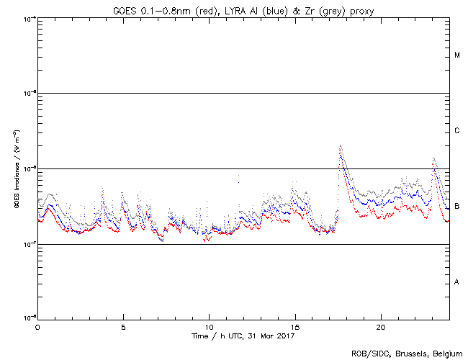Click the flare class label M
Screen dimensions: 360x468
click(457, 55)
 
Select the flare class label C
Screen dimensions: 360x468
click(457, 131)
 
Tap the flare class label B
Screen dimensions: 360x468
click(457, 207)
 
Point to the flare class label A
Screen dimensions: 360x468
click(457, 282)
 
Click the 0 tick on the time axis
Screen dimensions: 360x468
click(37, 327)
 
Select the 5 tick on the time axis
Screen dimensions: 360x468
click(123, 327)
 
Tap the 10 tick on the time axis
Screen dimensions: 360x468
click(209, 327)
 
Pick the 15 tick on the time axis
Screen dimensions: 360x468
click(295, 327)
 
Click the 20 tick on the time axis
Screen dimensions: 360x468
click(381, 327)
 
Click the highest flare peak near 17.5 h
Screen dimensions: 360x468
click(340, 146)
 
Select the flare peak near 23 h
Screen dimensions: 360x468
click(433, 158)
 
